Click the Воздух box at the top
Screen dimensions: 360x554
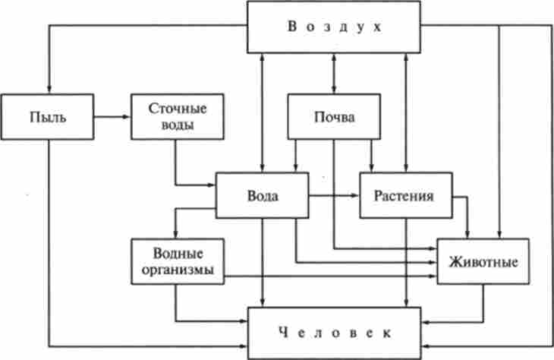pyautogui.click(x=334, y=27)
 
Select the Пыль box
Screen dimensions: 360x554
pyautogui.click(x=47, y=117)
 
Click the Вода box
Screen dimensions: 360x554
pyautogui.click(x=263, y=195)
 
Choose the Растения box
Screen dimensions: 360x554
pyautogui.click(x=405, y=195)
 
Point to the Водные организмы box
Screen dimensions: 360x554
pyautogui.click(x=178, y=262)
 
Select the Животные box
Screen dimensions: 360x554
pyautogui.click(x=483, y=262)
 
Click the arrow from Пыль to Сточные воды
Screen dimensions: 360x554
pyautogui.click(x=112, y=117)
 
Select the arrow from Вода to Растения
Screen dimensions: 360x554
pyautogui.click(x=334, y=195)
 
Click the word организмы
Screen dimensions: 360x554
pyautogui.click(x=178, y=270)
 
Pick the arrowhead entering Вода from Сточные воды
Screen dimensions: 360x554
pyautogui.click(x=212, y=185)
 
